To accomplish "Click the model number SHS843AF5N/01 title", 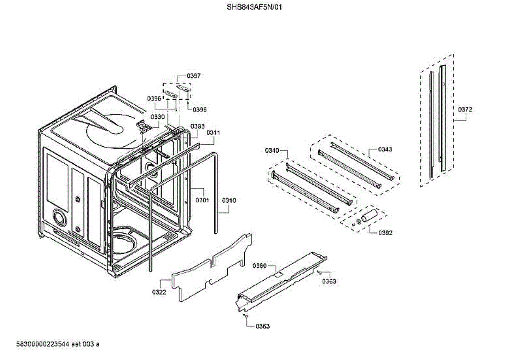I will pos(255,7).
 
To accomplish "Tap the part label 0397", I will pos(194,76).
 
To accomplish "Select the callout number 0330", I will pos(157,117).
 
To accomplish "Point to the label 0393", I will pos(198,126).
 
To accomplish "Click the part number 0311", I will pos(213,133).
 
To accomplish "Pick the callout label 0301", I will pos(202,200).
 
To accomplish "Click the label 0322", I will pos(159,292).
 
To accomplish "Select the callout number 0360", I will pos(259,266).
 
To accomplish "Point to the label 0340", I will pos(272,151).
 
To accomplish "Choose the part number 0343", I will pos(385,149).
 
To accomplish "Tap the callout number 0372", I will pos(465,109).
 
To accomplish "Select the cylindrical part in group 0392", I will pos(369,215).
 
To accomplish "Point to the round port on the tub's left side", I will pos(59,218).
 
